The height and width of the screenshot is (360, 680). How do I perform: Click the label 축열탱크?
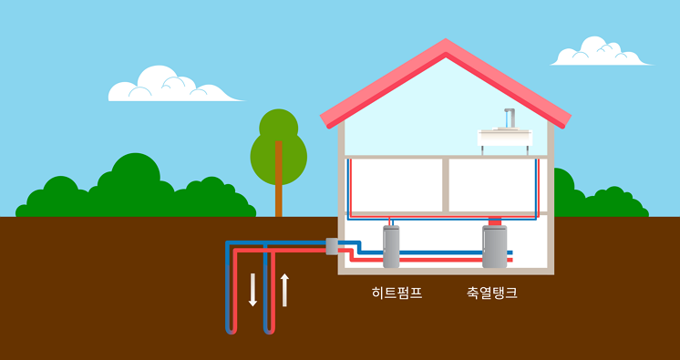492,293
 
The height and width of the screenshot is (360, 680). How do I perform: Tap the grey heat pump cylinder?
392,248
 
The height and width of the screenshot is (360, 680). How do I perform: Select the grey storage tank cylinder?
495,248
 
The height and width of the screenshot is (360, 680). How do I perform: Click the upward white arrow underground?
284,289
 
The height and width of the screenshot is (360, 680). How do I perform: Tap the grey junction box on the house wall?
332,246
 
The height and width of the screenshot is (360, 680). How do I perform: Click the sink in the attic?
505,138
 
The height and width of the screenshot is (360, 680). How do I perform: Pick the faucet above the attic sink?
509,117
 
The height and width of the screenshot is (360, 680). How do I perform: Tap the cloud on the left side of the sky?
164,86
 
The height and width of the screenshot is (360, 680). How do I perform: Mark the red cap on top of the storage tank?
495,221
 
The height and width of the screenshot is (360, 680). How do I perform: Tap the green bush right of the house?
602,202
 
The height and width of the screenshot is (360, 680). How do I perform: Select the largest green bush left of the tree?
133,187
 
